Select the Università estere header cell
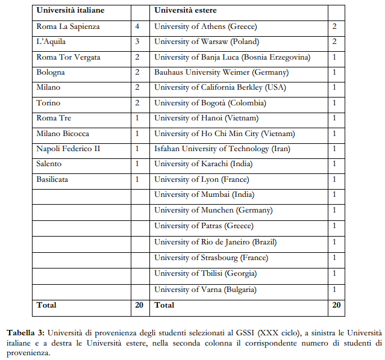pyautogui.click(x=186, y=10)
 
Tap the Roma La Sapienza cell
pyautogui.click(x=68, y=26)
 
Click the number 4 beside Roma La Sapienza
pyautogui.click(x=138, y=26)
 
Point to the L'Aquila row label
pyautogui.click(x=51, y=42)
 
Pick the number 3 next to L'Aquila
pyautogui.click(x=138, y=42)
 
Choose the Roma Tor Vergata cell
pyautogui.click(x=68, y=57)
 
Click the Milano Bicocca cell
pyautogui.click(x=63, y=133)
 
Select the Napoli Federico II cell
pyautogui.click(x=68, y=149)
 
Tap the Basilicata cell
pyautogui.click(x=54, y=179)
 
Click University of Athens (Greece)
pyautogui.click(x=205, y=26)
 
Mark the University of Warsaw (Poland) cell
pyautogui.click(x=207, y=42)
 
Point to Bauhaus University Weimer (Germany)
pyautogui.click(x=221, y=72)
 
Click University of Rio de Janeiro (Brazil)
pyautogui.click(x=216, y=242)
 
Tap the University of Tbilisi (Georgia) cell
pyautogui.click(x=205, y=273)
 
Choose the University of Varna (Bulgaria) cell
pyautogui.click(x=205, y=290)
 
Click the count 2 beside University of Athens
pyautogui.click(x=334, y=26)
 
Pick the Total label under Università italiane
pyautogui.click(x=46, y=305)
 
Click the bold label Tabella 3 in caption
pyautogui.click(x=25, y=332)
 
